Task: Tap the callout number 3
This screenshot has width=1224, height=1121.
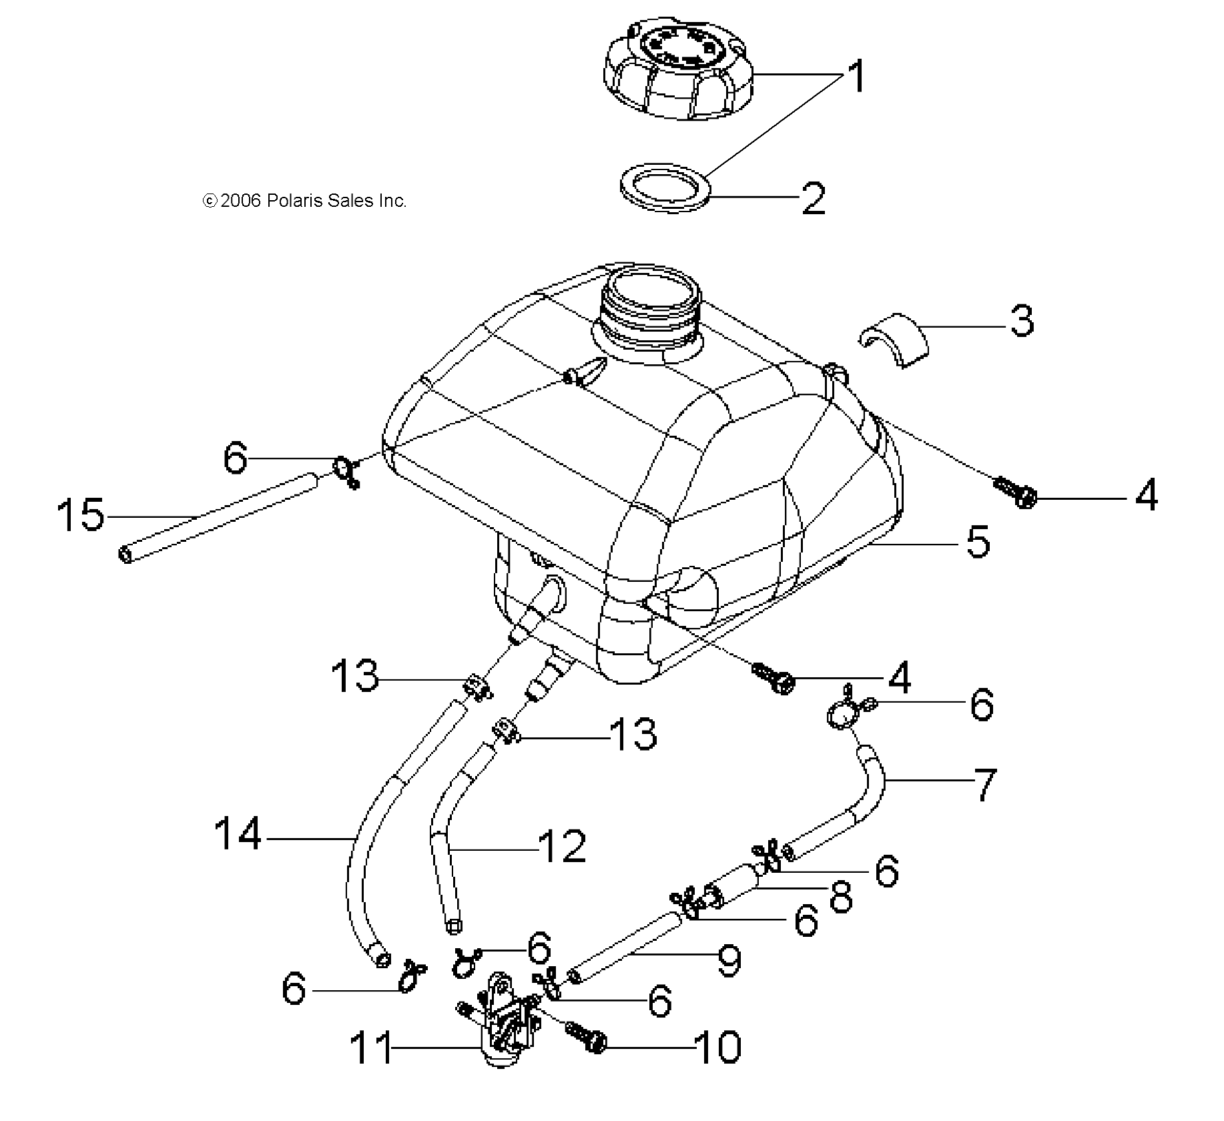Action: pyautogui.click(x=1021, y=320)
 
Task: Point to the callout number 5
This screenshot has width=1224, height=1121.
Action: pyautogui.click(x=978, y=541)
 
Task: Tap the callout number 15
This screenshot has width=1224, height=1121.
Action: pyautogui.click(x=81, y=514)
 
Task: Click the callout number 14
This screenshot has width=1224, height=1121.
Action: pyautogui.click(x=238, y=834)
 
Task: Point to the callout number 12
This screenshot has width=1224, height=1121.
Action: pyautogui.click(x=562, y=847)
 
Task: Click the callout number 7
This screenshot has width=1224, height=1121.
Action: pyautogui.click(x=985, y=785)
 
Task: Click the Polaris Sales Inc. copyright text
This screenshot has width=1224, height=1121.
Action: pyautogui.click(x=304, y=201)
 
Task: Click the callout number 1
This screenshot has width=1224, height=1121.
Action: pyautogui.click(x=858, y=75)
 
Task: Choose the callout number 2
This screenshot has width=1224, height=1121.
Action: pyautogui.click(x=813, y=198)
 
